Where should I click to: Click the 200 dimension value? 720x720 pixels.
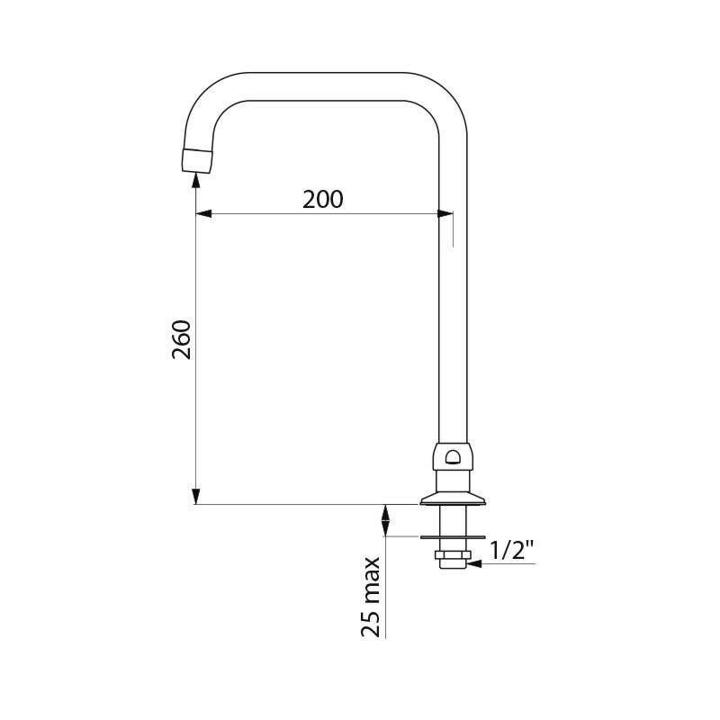pyautogui.click(x=322, y=199)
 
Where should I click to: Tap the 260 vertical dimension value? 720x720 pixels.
pyautogui.click(x=182, y=339)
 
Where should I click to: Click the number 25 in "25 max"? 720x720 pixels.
pyautogui.click(x=371, y=621)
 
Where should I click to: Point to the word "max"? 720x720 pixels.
pyautogui.click(x=371, y=580)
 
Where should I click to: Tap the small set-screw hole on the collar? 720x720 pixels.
pyautogui.click(x=452, y=457)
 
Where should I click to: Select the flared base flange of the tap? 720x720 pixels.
pyautogui.click(x=452, y=496)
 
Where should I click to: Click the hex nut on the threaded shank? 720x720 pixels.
pyautogui.click(x=452, y=554)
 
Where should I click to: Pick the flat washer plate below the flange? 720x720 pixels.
pyautogui.click(x=452, y=537)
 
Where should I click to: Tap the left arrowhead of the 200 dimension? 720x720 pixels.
pyautogui.click(x=203, y=214)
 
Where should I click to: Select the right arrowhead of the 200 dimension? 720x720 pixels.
pyautogui.click(x=445, y=214)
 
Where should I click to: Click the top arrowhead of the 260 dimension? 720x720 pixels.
pyautogui.click(x=196, y=181)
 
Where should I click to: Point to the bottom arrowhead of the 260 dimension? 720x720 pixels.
pyautogui.click(x=196, y=496)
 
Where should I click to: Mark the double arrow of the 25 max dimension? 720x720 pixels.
pyautogui.click(x=386, y=520)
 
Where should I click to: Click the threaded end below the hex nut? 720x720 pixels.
pyautogui.click(x=452, y=565)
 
